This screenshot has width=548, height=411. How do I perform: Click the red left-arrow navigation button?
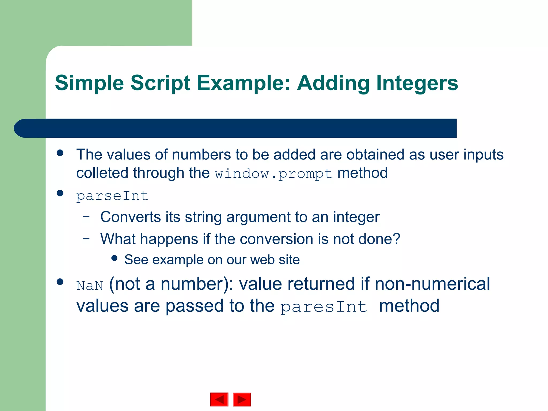219,399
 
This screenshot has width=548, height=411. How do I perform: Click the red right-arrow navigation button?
242,399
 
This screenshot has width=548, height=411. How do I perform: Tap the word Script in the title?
160,83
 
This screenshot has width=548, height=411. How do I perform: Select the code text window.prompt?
273,174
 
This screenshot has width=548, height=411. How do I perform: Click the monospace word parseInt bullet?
112,196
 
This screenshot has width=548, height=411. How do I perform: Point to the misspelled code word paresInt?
324,307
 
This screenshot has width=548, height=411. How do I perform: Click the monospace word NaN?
90,286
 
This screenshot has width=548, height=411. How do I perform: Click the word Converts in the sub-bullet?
131,217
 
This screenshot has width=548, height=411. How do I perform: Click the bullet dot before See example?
115,258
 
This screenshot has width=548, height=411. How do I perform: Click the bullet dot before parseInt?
60,193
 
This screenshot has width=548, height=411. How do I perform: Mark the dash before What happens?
86,238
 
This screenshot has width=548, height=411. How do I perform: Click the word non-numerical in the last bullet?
432,284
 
